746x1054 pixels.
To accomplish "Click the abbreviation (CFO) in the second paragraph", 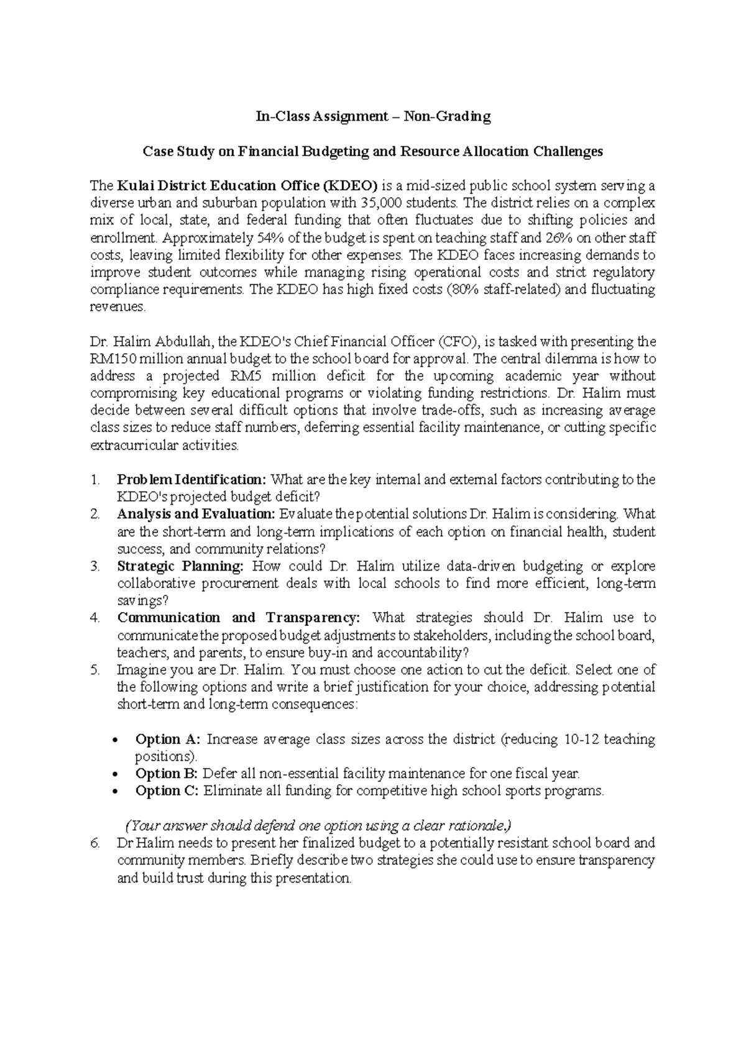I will click(459, 341).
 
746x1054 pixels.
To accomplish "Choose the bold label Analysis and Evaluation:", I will click(196, 515).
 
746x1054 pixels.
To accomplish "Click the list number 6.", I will click(94, 843).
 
